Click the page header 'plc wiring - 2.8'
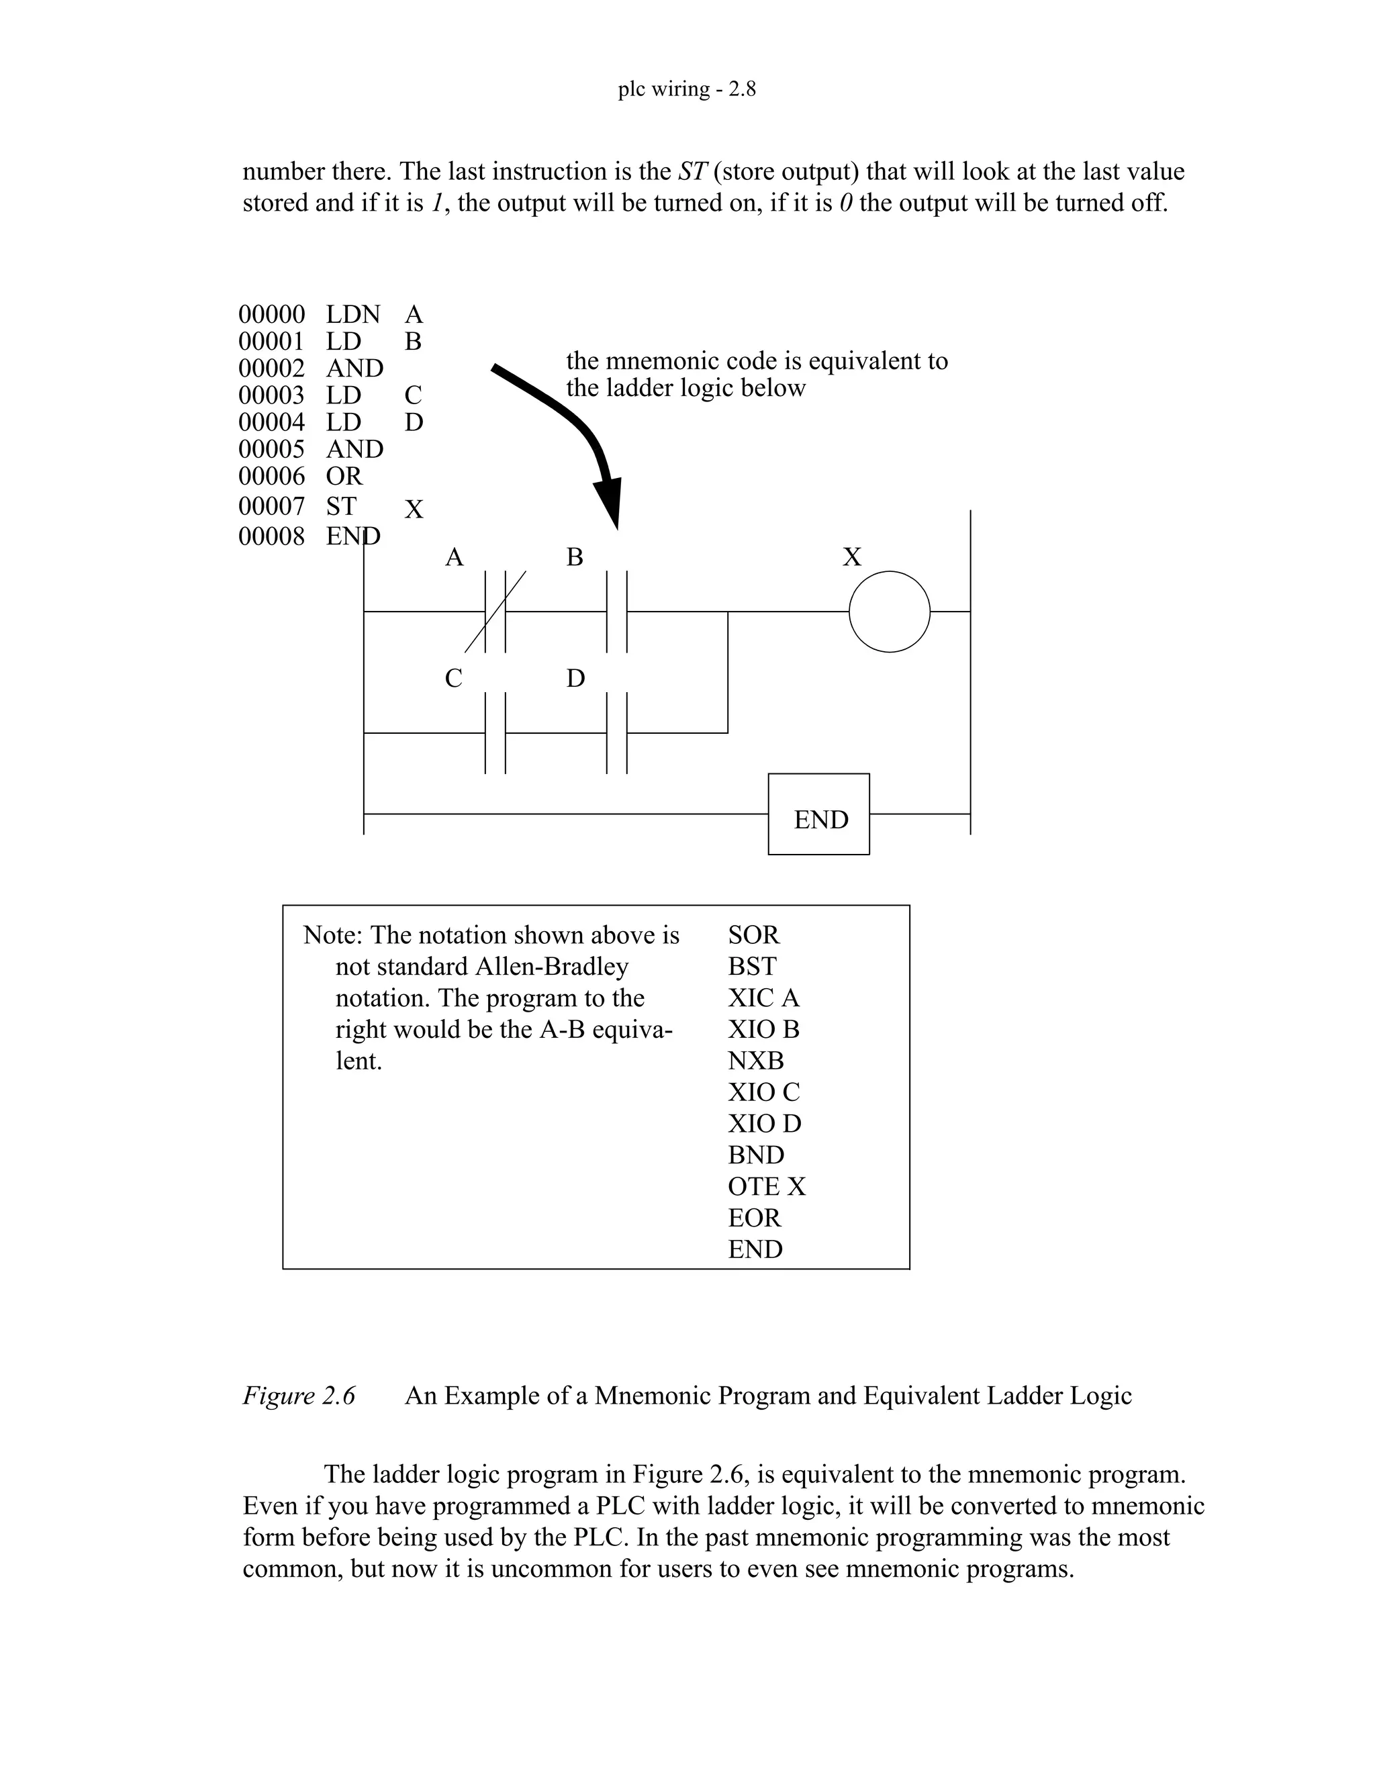[x=687, y=88]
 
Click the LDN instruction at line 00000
[x=352, y=314]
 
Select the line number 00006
[x=271, y=476]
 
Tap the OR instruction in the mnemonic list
[x=344, y=476]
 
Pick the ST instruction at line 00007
[x=341, y=506]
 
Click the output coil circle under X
[x=889, y=611]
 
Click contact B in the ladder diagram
[x=616, y=611]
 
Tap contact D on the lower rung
[x=616, y=732]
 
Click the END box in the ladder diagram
[x=818, y=814]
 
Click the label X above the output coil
[x=851, y=557]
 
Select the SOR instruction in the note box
[x=753, y=934]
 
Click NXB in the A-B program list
[x=755, y=1061]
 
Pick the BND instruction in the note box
[x=756, y=1155]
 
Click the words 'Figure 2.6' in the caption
[x=299, y=1396]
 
